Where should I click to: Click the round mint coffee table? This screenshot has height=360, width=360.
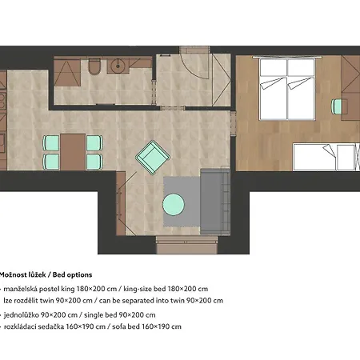tap(174, 205)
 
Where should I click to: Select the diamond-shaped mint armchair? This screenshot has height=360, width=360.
tap(153, 158)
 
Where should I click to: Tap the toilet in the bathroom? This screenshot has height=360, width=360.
tap(94, 66)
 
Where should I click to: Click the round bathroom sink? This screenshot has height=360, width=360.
tap(117, 66)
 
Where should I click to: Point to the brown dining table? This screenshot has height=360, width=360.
tap(73, 152)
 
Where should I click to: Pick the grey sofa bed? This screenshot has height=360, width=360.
tap(215, 202)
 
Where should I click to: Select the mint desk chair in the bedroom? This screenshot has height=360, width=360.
tap(336, 106)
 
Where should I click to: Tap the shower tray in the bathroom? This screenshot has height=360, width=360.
tap(67, 73)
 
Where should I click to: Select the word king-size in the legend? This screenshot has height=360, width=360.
tap(138, 289)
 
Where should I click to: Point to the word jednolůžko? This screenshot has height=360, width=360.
tap(21, 315)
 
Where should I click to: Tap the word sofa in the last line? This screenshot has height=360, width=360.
tap(118, 326)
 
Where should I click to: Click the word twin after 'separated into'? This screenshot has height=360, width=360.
tap(178, 301)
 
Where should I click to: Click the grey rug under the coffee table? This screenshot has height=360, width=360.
tap(182, 202)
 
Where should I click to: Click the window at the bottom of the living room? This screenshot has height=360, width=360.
tap(186, 245)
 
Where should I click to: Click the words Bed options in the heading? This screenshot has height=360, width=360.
tap(72, 275)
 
